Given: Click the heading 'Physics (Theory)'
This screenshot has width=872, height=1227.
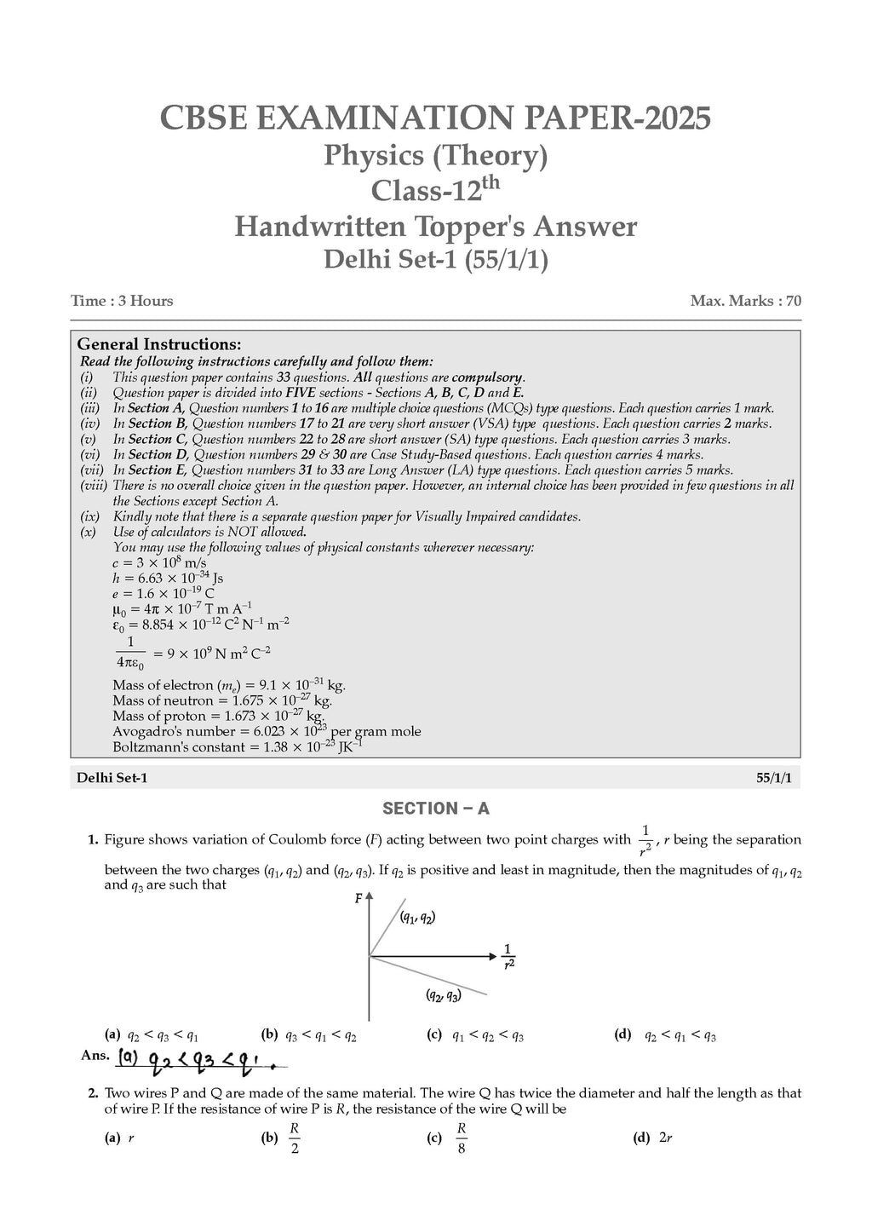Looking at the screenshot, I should point(435,156).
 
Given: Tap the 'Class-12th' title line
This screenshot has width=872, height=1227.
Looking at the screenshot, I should point(435,189).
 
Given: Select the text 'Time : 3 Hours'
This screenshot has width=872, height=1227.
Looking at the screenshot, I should point(122,301).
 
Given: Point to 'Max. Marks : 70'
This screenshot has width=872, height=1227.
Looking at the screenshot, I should point(745,301).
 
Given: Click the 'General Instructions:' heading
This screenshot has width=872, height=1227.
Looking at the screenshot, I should point(159,344).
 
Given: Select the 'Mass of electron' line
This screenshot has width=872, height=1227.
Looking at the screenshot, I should point(228,685).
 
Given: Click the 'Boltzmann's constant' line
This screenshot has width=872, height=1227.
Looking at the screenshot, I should point(237,746).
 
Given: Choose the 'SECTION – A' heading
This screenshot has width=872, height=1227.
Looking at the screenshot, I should point(435,809).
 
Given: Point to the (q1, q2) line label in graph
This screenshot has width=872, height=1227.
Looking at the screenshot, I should point(417,918).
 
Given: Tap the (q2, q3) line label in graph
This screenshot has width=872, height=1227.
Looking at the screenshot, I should point(443,995).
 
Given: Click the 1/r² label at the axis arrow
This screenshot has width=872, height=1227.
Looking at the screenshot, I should point(508,956).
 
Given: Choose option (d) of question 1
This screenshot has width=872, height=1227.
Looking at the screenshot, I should point(665,1035).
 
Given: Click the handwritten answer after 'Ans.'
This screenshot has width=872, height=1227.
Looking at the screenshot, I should point(200,1060).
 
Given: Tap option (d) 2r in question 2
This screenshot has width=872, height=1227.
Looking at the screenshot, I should point(653,1138).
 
